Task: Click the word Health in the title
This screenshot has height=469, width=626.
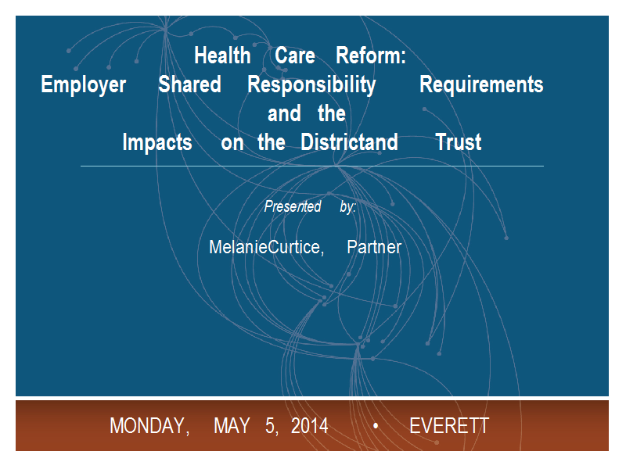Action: (222, 55)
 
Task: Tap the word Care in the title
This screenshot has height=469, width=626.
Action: (295, 55)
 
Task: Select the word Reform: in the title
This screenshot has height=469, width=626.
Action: (371, 55)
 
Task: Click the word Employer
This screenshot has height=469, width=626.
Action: (84, 85)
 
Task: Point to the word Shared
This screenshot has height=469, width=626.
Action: (189, 84)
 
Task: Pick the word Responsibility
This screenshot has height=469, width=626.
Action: (311, 85)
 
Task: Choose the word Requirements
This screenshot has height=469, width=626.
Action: (481, 85)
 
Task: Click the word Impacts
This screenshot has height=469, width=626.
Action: (157, 143)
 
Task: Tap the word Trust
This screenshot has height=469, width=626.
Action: (459, 142)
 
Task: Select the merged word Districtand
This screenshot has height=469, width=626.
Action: (349, 142)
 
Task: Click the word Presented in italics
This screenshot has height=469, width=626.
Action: (293, 206)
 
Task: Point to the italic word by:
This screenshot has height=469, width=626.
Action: (348, 207)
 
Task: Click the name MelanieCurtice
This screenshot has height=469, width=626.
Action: (267, 247)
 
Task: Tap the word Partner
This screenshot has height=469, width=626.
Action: (374, 247)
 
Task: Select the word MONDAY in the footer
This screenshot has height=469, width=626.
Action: (149, 426)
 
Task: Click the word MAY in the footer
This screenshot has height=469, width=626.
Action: (232, 426)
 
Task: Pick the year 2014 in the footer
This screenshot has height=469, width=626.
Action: (310, 426)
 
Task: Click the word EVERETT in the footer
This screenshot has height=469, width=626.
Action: (449, 426)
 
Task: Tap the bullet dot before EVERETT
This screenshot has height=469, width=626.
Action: (376, 426)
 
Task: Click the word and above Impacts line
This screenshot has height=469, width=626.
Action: (284, 113)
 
